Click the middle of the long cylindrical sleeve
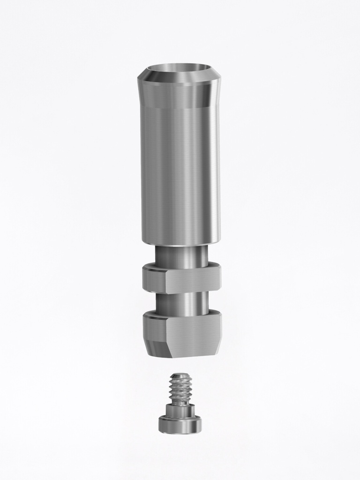[x=180, y=173]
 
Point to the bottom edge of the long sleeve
[x=180, y=243]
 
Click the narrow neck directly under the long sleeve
[x=182, y=255]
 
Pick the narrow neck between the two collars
[x=182, y=302]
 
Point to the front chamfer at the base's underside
[x=192, y=352]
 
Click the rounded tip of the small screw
[x=180, y=375]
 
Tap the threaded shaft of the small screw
[x=180, y=391]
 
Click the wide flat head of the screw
[x=180, y=426]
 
